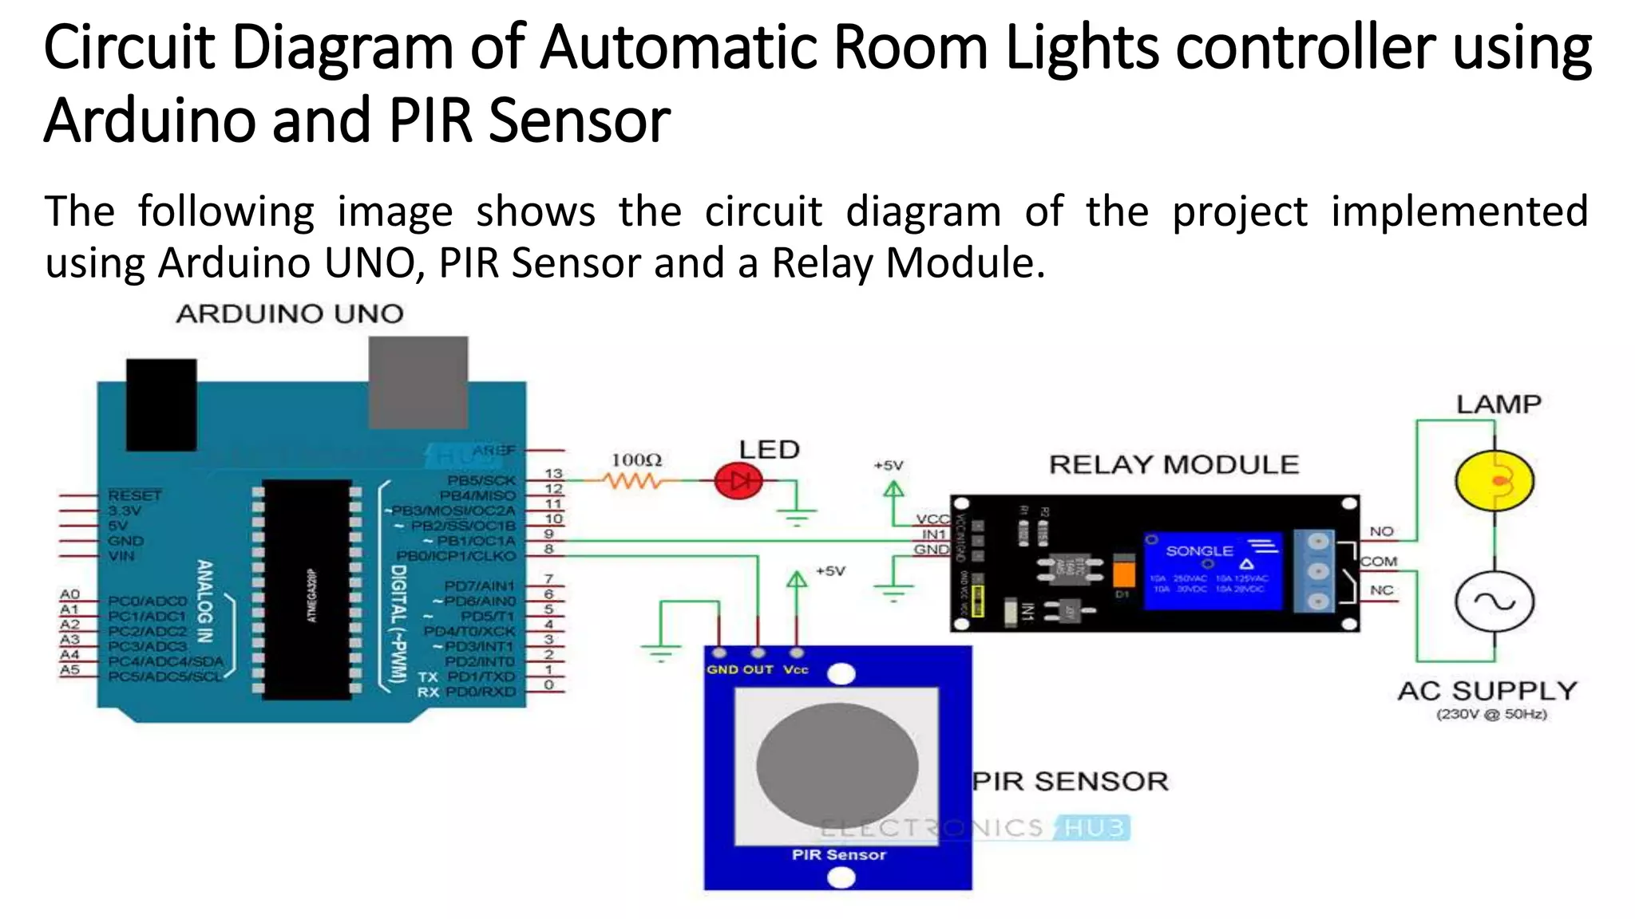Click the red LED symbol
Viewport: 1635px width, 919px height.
(x=738, y=481)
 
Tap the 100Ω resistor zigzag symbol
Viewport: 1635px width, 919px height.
(x=632, y=481)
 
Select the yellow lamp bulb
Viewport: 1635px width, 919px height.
(x=1494, y=480)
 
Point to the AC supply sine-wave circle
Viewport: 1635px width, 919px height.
(x=1494, y=602)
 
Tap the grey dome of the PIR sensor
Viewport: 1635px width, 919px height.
(x=837, y=765)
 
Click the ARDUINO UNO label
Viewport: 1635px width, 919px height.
(x=290, y=314)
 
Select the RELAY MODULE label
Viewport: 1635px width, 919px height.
(x=1174, y=464)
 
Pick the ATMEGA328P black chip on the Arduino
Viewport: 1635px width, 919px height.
(x=307, y=590)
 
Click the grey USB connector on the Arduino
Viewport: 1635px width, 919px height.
(x=418, y=382)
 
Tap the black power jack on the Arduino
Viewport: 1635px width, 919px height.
(x=161, y=404)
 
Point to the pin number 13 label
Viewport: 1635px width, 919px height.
(x=553, y=474)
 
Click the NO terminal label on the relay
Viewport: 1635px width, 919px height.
(x=1381, y=531)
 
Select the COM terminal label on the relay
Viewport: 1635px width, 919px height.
(x=1379, y=562)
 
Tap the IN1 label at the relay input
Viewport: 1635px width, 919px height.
(x=933, y=534)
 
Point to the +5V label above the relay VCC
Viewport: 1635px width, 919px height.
(x=888, y=465)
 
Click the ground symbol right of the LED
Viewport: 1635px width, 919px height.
(x=797, y=515)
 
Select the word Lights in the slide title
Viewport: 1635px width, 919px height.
(x=1082, y=48)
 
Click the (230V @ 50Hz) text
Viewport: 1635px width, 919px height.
(x=1491, y=714)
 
